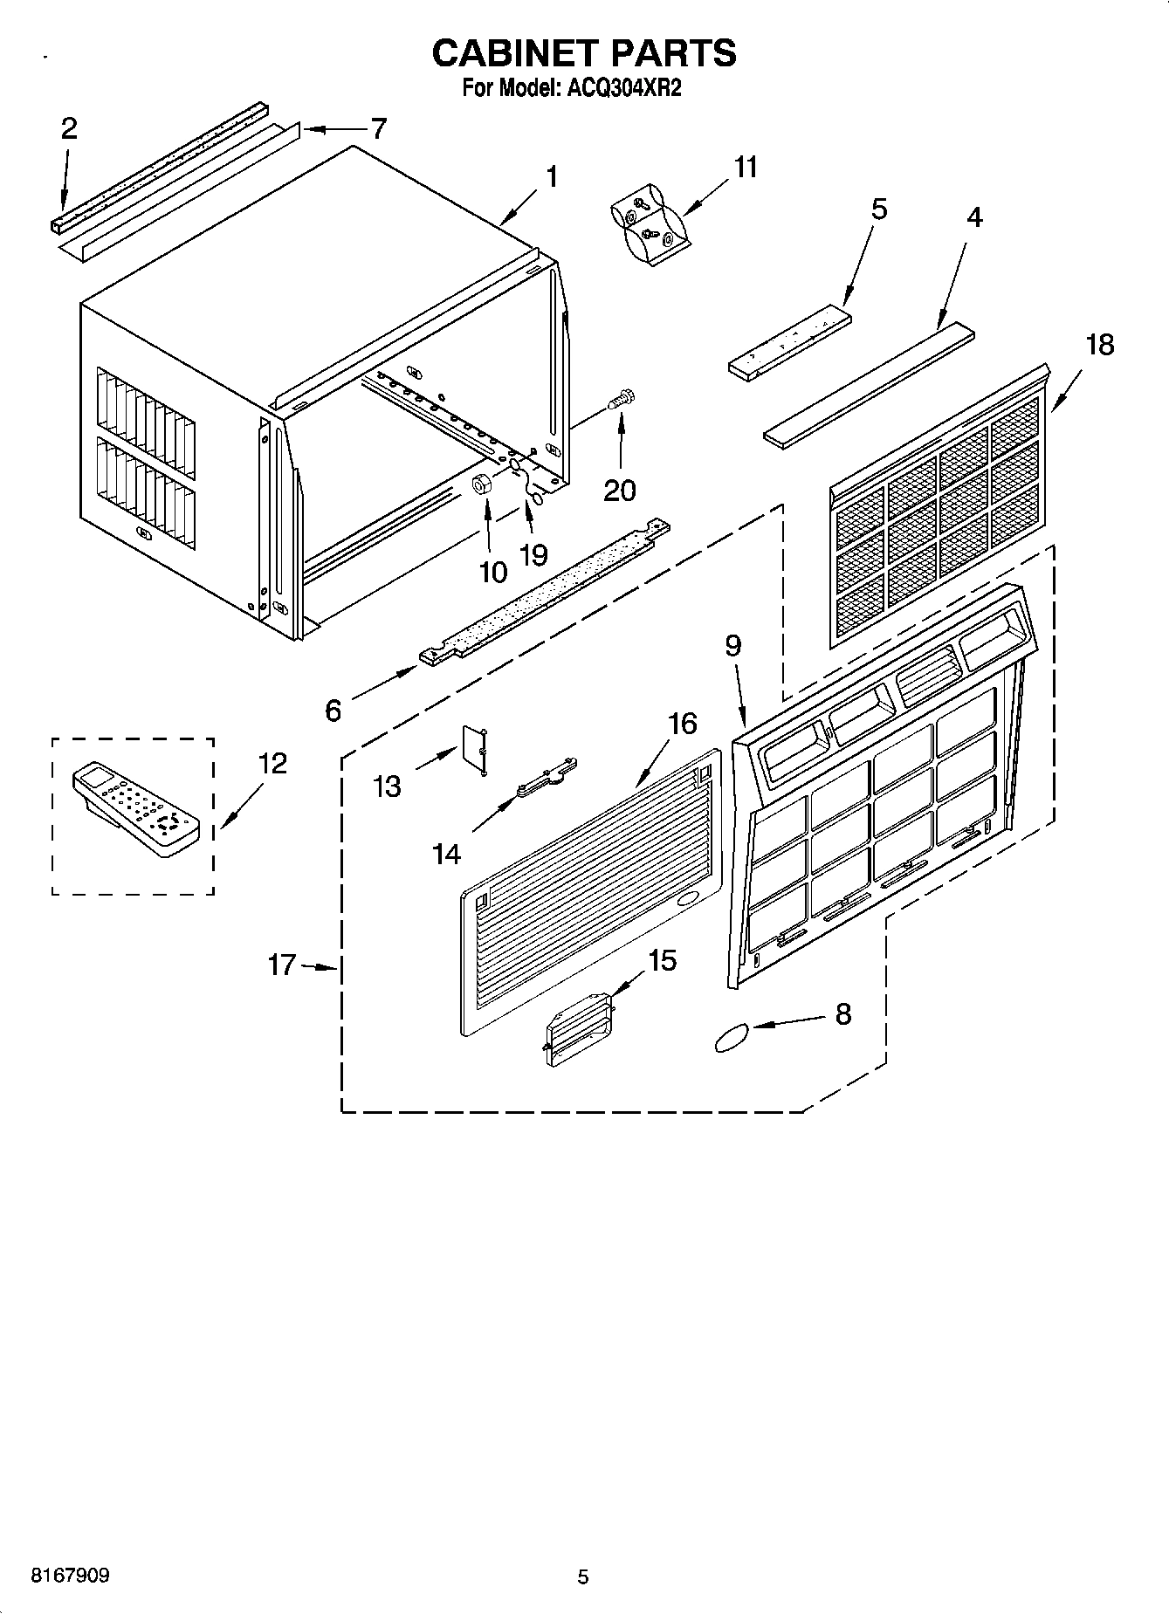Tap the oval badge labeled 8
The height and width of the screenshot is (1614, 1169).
[732, 1038]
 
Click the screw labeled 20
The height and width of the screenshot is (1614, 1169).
[622, 401]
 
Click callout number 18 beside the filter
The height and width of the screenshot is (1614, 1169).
[1099, 345]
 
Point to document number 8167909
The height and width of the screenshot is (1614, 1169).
[71, 1576]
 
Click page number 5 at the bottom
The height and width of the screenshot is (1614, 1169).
[583, 1576]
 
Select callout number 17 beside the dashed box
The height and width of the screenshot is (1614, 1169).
[282, 965]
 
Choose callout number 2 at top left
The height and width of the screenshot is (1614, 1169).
[69, 129]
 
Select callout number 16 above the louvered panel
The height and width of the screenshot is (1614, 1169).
[683, 724]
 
